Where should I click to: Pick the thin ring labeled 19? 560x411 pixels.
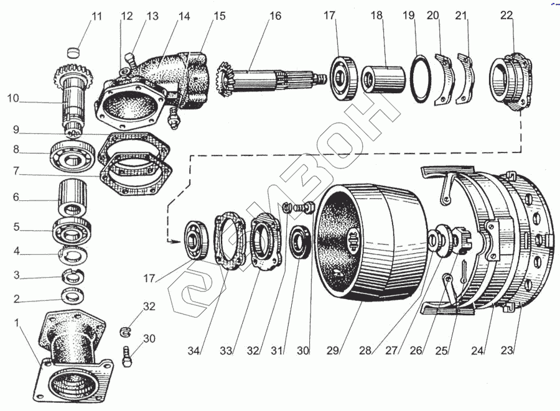(x=422, y=79)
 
